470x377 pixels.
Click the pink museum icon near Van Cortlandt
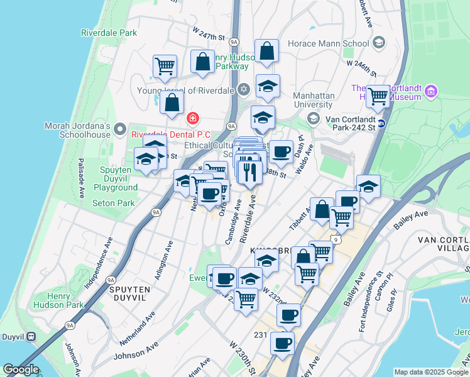[x=431, y=92]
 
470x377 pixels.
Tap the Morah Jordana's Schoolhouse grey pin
[x=120, y=129]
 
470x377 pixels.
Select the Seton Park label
[x=113, y=203]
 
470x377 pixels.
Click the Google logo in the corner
[x=21, y=369]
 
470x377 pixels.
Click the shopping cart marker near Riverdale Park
[x=165, y=65]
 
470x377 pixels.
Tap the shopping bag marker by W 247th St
[x=202, y=62]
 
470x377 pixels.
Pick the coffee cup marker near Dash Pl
[x=281, y=151]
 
